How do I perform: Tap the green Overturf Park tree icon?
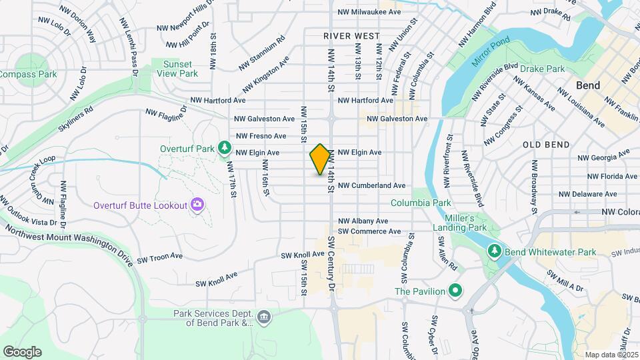(x=226, y=147)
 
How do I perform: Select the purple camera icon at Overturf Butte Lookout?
(x=197, y=204)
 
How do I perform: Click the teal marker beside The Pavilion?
(x=455, y=291)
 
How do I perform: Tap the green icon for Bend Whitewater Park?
(x=495, y=251)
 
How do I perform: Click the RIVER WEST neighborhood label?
(x=352, y=36)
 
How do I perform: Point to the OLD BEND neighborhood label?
(x=546, y=145)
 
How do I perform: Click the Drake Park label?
(x=542, y=69)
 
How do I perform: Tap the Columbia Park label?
(x=421, y=203)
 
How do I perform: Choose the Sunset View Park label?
(x=177, y=68)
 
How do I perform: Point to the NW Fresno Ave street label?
(x=261, y=136)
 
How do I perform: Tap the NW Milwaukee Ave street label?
(x=369, y=12)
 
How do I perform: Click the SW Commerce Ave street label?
(x=369, y=231)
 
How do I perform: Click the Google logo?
(x=22, y=351)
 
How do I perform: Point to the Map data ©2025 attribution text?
(x=611, y=355)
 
